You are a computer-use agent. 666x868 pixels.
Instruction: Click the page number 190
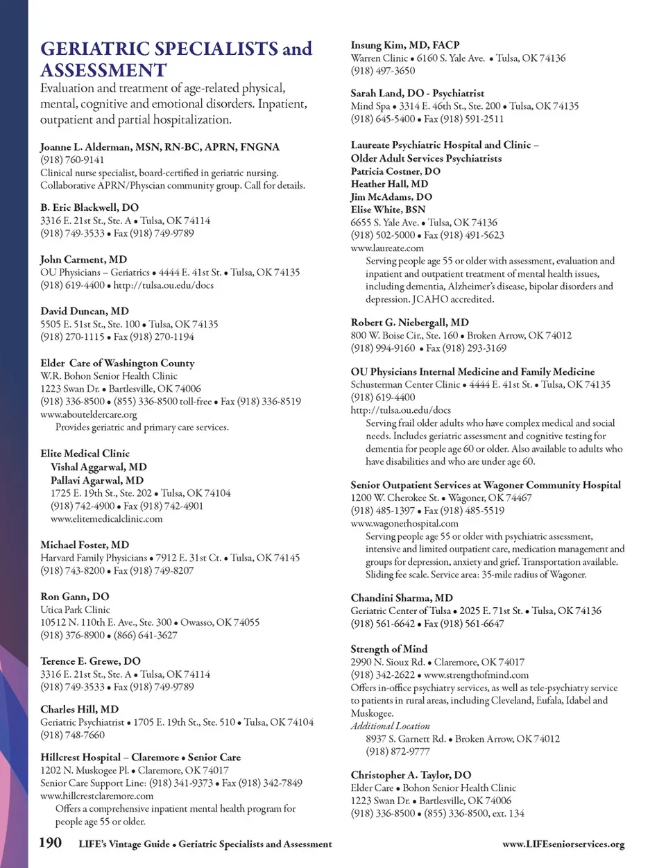(50, 843)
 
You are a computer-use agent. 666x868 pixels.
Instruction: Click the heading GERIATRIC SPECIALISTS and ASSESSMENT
(176, 59)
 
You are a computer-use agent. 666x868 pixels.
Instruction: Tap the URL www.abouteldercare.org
(89, 414)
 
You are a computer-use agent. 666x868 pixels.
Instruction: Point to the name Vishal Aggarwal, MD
(99, 467)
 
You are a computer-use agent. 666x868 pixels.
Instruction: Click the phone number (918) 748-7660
(72, 735)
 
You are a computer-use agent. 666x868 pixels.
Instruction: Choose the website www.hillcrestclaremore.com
(96, 796)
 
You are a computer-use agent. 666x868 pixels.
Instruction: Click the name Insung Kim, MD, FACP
(405, 45)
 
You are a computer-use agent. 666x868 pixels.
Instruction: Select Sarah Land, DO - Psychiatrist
(417, 93)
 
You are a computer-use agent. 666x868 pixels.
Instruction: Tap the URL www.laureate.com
(387, 248)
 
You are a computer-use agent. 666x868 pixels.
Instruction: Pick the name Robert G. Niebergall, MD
(409, 322)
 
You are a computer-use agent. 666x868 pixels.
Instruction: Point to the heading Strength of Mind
(388, 649)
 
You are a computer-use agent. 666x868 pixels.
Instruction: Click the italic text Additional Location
(390, 726)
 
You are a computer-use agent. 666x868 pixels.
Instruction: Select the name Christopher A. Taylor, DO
(411, 775)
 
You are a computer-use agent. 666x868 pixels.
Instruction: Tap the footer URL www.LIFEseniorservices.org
(563, 844)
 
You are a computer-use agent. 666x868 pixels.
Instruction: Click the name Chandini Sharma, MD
(402, 598)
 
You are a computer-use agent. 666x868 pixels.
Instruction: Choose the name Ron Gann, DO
(75, 597)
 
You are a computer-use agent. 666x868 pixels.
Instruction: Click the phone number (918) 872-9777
(398, 751)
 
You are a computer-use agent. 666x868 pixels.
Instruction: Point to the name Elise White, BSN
(388, 210)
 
